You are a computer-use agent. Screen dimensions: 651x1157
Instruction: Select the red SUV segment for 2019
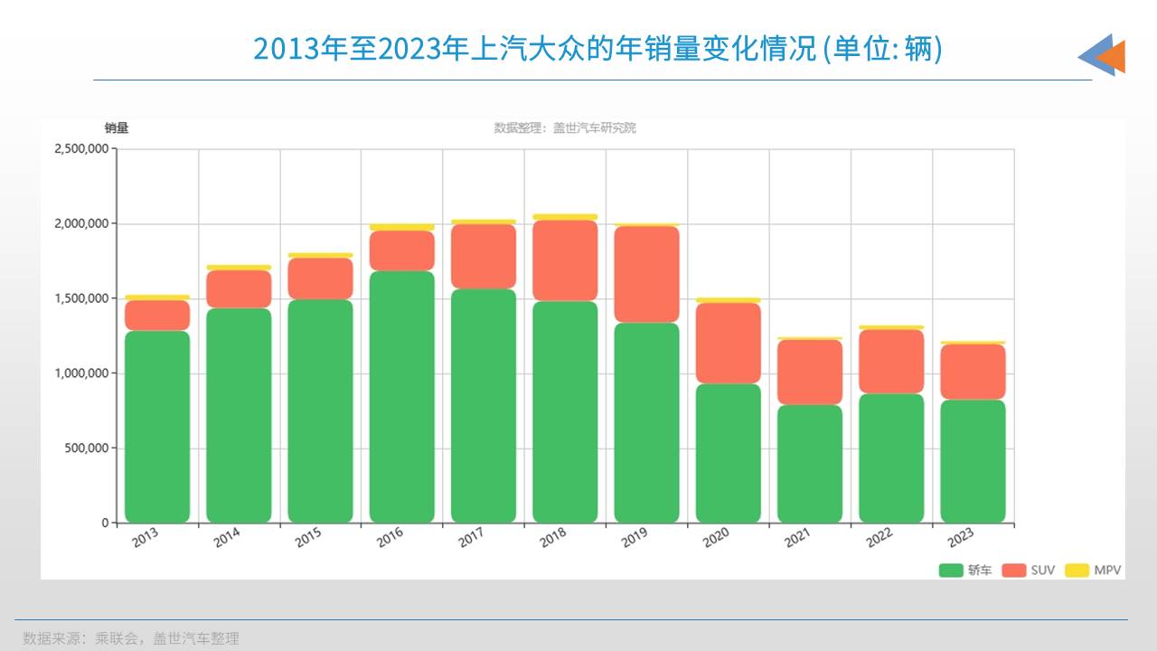[646, 274]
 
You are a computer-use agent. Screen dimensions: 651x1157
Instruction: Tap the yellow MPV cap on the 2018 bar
[565, 217]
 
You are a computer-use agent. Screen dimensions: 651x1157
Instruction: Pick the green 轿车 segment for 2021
[810, 463]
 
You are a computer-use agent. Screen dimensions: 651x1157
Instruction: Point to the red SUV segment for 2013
[157, 315]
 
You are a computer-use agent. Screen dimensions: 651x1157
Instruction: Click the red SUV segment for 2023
[973, 372]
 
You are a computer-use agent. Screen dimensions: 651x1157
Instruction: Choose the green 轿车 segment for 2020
[729, 453]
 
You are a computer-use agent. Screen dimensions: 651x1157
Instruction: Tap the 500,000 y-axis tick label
[87, 448]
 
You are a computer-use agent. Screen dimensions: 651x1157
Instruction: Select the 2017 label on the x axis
[471, 538]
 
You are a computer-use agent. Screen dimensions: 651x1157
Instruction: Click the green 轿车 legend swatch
[950, 570]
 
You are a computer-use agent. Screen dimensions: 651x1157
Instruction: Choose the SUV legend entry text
[1042, 571]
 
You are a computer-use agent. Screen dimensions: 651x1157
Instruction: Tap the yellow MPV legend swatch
[1077, 570]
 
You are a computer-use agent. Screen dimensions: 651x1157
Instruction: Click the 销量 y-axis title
[116, 127]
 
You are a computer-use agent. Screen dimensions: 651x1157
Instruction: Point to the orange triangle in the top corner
[1114, 56]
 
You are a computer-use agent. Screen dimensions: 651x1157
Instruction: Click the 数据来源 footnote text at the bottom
[131, 638]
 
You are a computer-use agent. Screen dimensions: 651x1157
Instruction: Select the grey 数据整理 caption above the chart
[565, 127]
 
